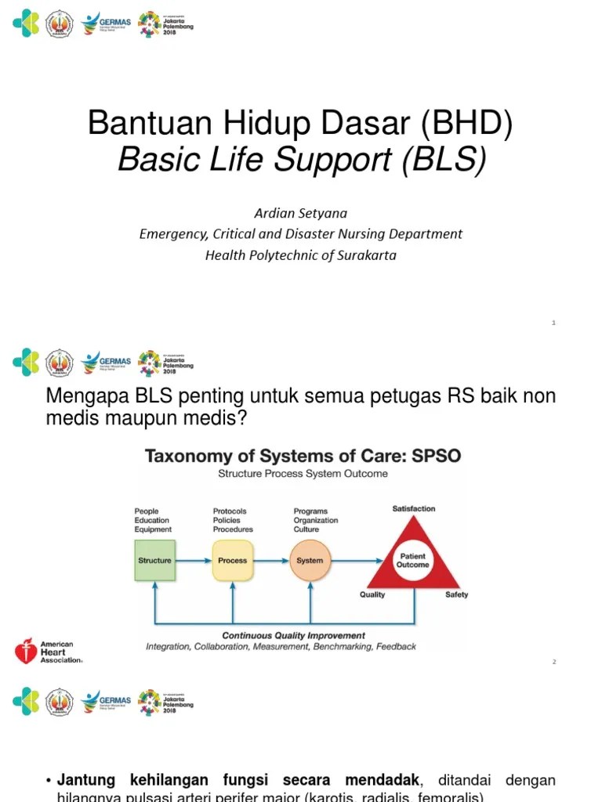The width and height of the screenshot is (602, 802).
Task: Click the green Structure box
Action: pyautogui.click(x=154, y=560)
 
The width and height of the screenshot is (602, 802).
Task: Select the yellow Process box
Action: pyautogui.click(x=233, y=560)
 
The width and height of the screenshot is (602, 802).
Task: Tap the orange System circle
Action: pyautogui.click(x=310, y=560)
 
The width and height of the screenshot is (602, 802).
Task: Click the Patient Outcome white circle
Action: pyautogui.click(x=412, y=560)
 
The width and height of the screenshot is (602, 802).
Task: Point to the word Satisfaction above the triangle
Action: pyautogui.click(x=414, y=509)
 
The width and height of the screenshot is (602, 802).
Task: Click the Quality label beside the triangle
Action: pyautogui.click(x=372, y=594)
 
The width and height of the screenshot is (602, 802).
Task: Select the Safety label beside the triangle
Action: pyautogui.click(x=456, y=594)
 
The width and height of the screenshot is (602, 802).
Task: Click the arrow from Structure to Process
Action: pyautogui.click(x=194, y=560)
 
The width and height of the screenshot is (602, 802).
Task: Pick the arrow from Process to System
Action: pyautogui.click(x=271, y=560)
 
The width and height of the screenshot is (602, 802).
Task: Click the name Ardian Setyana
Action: pyautogui.click(x=300, y=213)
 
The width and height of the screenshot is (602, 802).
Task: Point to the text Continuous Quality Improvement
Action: pyautogui.click(x=293, y=635)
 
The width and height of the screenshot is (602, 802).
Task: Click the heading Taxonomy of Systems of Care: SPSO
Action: pyautogui.click(x=303, y=456)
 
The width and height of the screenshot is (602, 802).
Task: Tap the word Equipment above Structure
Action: pyautogui.click(x=153, y=529)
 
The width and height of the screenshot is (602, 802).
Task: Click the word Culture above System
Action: pyautogui.click(x=306, y=529)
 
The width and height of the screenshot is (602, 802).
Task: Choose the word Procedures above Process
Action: pyautogui.click(x=233, y=529)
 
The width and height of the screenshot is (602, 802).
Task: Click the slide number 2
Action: pyautogui.click(x=553, y=663)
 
